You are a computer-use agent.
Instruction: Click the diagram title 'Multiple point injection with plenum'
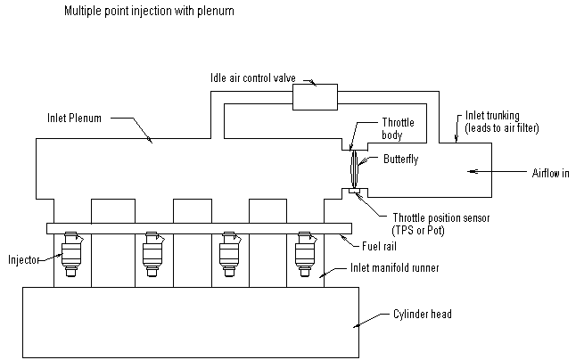point(148,13)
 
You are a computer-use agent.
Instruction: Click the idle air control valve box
point(316,95)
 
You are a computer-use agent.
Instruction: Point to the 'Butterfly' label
point(400,160)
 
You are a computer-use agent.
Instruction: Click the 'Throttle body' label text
point(399,129)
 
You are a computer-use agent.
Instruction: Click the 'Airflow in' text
point(551,171)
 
